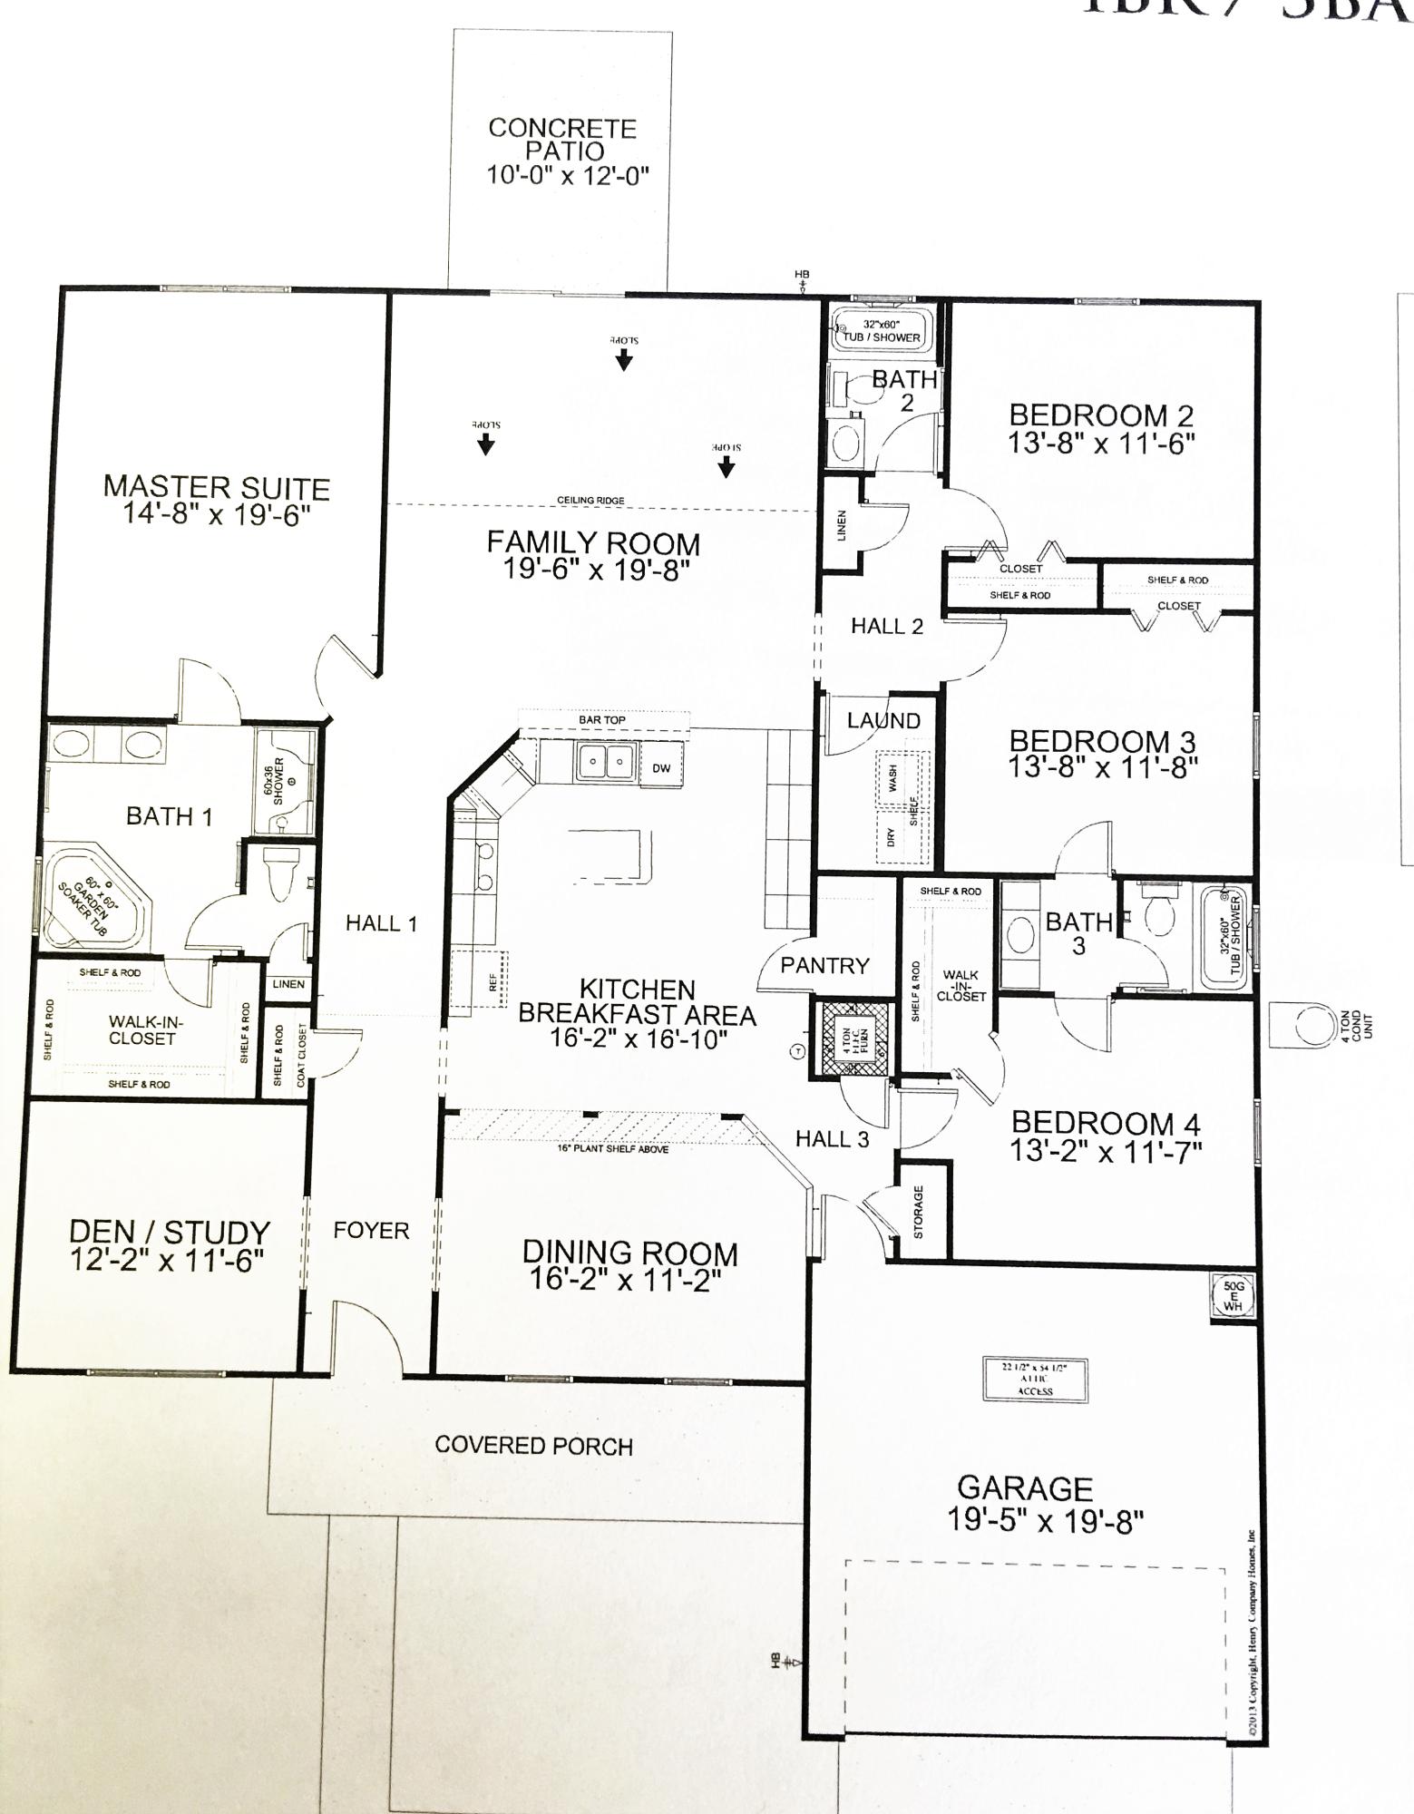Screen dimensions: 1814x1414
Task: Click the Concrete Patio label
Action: click(x=562, y=140)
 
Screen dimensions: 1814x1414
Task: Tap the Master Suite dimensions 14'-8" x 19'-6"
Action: click(x=218, y=515)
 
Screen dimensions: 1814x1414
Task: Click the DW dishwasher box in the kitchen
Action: click(x=661, y=768)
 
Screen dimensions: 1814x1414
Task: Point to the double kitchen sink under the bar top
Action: click(x=604, y=761)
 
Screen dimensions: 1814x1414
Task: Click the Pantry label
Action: click(x=824, y=966)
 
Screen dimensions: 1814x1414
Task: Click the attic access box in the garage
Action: click(x=1035, y=1380)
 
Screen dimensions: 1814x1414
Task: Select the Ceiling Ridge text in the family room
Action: click(x=590, y=501)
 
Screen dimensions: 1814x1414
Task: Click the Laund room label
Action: click(x=883, y=721)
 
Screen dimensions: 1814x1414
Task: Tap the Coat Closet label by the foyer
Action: click(x=302, y=1057)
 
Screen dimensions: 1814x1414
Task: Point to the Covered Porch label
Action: click(x=533, y=1446)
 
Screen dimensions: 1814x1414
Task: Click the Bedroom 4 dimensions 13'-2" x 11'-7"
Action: click(x=1106, y=1152)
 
